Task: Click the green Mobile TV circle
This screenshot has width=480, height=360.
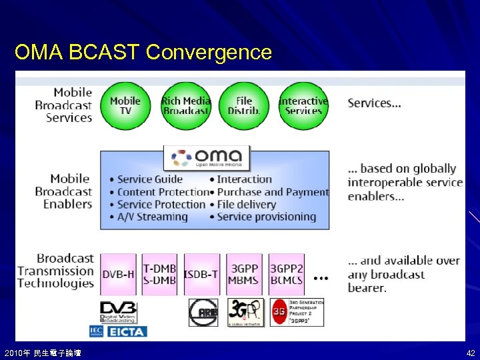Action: (125, 105)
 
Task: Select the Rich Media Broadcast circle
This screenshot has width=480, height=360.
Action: (185, 105)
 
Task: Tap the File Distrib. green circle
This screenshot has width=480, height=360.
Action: (244, 105)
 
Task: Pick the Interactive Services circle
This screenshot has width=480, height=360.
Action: (303, 105)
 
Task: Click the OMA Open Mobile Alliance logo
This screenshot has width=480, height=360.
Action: (207, 158)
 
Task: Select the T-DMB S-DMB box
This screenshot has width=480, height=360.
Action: (160, 275)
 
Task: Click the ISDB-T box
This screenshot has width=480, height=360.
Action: (201, 275)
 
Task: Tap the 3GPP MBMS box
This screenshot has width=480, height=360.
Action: (244, 275)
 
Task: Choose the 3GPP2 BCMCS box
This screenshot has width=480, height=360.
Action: (287, 275)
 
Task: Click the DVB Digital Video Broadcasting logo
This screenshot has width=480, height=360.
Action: (118, 312)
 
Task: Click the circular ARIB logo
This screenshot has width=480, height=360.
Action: (203, 312)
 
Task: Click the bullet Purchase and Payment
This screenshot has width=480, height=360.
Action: (273, 191)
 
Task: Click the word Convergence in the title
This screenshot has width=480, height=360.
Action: (209, 52)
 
